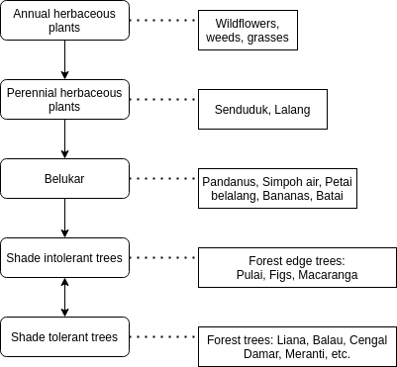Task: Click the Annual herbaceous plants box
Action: tap(64, 20)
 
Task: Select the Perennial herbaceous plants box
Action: tap(64, 99)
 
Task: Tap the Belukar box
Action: tap(64, 178)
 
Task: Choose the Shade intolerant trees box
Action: tap(64, 258)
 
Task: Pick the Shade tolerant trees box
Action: tap(64, 337)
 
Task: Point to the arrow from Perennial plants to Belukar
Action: tap(64, 138)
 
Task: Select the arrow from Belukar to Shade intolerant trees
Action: tap(64, 218)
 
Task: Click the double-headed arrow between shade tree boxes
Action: tap(64, 298)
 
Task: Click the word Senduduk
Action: tap(242, 110)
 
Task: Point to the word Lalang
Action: tap(293, 110)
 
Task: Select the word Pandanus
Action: tap(230, 182)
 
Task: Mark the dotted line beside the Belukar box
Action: tap(163, 179)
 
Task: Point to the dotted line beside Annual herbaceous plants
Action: tap(163, 20)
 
